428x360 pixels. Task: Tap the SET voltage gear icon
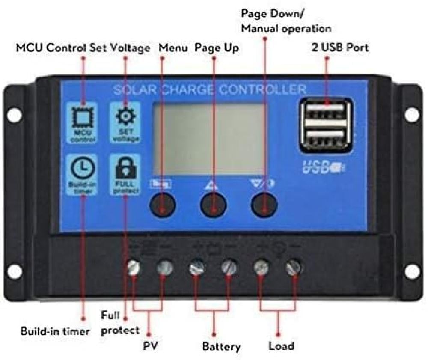coord(125,116)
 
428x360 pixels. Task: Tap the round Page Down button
coord(264,205)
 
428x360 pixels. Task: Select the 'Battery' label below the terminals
coord(221,346)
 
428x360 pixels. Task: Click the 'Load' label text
coord(281,345)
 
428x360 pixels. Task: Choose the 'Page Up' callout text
coord(217,48)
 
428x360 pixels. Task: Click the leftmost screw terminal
coord(134,268)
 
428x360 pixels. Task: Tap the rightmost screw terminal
coord(294,268)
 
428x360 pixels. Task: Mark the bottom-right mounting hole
coord(412,271)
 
